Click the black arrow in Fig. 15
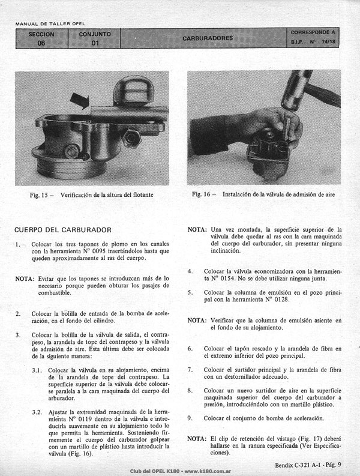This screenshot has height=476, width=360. [80, 100]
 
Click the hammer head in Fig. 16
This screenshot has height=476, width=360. [295, 89]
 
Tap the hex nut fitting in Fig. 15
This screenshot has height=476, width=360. [132, 138]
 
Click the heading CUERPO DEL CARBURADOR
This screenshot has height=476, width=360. [63, 230]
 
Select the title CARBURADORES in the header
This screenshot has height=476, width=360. [208, 38]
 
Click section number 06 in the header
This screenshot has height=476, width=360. [41, 43]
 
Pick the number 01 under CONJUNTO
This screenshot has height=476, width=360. [95, 43]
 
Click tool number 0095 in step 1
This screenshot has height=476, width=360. [98, 251]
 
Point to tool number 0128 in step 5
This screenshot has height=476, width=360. [281, 300]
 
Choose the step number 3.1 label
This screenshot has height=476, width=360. [37, 370]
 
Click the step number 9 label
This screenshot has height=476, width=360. [190, 418]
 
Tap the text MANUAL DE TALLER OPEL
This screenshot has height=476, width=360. [50, 23]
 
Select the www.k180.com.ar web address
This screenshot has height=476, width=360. [208, 471]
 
